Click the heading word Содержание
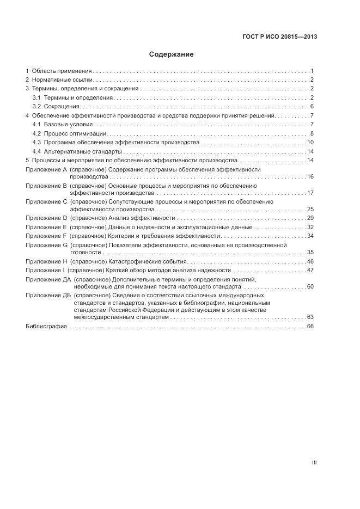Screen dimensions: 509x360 pos(172,54)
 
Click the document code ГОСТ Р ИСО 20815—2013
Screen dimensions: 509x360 pos(279,36)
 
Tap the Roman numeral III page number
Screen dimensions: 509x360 pos(314,463)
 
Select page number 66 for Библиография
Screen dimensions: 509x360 pos(311,327)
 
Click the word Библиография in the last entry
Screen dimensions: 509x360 pos(46,327)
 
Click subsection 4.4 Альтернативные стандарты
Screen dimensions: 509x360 pos(77,151)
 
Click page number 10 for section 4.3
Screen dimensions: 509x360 pos(310,143)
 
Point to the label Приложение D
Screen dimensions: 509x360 pos(46,218)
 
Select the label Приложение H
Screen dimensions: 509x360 pos(46,262)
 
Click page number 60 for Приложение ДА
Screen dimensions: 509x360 pos(310,286)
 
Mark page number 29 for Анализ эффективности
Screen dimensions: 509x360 pos(310,218)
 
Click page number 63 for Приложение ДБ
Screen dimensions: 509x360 pos(310,317)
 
